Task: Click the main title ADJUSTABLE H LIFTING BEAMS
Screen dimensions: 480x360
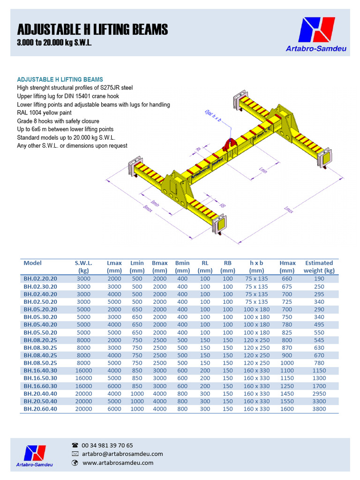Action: coord(92,30)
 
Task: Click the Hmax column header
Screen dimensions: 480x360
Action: coord(287,267)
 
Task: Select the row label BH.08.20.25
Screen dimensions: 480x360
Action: coord(40,340)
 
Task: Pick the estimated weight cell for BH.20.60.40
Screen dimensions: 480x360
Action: coord(319,409)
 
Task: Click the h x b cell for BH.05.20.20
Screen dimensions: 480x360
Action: coord(256,309)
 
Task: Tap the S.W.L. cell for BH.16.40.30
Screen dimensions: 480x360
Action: coord(84,371)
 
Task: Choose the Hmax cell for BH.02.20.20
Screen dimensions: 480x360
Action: coord(287,278)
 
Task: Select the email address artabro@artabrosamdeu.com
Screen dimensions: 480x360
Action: coord(122,454)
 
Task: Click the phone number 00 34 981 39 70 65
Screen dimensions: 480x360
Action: coord(107,445)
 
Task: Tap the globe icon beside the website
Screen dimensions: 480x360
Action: coord(75,463)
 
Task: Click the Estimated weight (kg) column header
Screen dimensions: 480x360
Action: coord(319,267)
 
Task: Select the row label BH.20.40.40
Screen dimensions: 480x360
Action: coord(40,394)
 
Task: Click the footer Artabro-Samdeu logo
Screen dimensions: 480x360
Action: coord(35,456)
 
